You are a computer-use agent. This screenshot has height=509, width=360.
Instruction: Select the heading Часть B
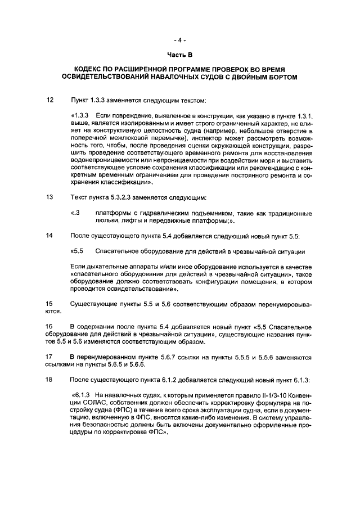point(179,55)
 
